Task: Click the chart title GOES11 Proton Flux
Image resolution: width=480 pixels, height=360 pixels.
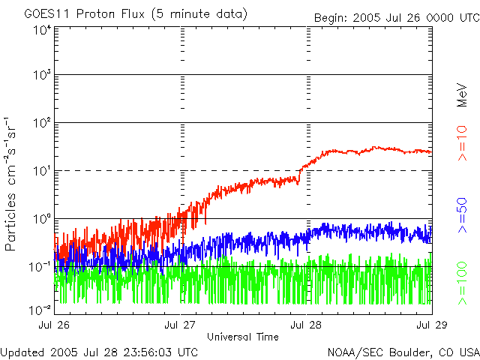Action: point(85,14)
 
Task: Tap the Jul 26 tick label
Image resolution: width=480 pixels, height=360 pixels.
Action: point(54,325)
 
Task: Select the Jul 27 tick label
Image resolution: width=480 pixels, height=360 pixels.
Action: point(180,325)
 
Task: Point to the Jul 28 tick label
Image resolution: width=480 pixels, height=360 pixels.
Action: point(306,325)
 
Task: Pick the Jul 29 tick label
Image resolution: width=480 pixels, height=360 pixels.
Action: point(432,325)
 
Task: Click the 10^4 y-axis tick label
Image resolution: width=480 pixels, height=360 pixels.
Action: point(42,31)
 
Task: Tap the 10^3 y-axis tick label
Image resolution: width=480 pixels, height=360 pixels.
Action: point(42,75)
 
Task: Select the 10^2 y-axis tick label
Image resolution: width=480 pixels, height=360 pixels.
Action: point(42,123)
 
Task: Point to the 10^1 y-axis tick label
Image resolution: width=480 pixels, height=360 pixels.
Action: point(42,171)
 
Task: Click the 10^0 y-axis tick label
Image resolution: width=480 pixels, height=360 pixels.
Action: point(42,219)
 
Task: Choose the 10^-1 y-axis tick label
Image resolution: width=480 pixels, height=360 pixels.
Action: point(40,267)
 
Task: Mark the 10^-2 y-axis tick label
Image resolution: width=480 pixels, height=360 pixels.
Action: point(40,310)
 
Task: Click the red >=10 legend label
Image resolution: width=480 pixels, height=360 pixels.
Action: point(462,143)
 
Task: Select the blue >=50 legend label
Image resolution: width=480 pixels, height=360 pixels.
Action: point(462,215)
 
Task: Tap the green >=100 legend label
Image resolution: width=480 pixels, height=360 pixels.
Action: point(462,283)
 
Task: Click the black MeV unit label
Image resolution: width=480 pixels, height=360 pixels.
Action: point(462,95)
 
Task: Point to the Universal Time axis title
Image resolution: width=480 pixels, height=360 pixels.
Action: point(243,337)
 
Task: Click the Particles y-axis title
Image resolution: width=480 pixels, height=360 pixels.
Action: point(10,222)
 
